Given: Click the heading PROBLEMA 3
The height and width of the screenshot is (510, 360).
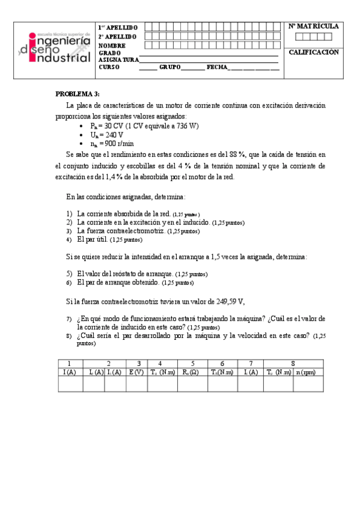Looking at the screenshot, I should (77, 94).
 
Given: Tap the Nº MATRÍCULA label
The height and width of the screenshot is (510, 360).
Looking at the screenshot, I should (314, 26).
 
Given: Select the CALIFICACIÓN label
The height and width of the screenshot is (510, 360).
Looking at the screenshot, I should (314, 52).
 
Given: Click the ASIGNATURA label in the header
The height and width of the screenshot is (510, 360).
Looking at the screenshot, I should (118, 60).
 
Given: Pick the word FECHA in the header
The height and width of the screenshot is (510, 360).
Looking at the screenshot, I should (216, 67).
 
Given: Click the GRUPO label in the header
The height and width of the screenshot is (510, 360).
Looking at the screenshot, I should (169, 67).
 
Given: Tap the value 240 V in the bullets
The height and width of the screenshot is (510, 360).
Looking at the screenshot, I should (106, 135).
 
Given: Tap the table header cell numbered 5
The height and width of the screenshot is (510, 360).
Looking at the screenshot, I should (192, 364).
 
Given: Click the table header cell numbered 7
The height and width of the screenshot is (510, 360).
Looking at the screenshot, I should (251, 364).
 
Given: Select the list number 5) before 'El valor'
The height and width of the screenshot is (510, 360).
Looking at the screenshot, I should (69, 272).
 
